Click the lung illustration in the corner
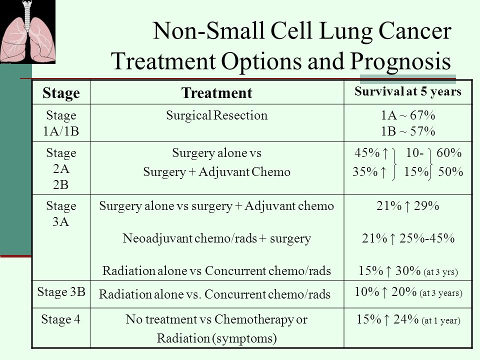(27, 31)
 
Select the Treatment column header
(216, 92)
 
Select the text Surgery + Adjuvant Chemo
(216, 172)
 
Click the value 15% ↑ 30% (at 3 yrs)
(407, 271)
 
